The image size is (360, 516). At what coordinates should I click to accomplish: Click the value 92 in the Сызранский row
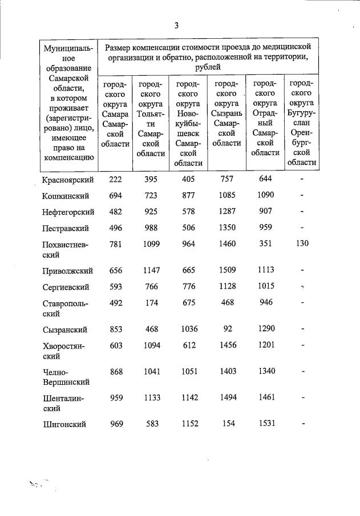click(x=227, y=329)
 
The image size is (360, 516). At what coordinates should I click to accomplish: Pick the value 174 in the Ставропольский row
click(x=151, y=303)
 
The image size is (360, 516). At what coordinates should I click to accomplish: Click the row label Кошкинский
click(x=66, y=196)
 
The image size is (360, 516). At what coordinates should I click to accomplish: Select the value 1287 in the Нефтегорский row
click(x=227, y=212)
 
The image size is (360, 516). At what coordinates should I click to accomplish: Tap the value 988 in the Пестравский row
click(x=151, y=228)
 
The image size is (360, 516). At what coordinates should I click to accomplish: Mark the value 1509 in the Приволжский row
click(x=227, y=270)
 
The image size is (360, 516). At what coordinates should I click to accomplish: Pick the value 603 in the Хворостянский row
click(x=115, y=346)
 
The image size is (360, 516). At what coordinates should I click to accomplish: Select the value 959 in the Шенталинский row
click(x=115, y=397)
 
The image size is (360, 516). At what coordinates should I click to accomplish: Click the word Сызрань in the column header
click(x=228, y=113)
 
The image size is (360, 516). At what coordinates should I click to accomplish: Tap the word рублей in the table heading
click(x=208, y=67)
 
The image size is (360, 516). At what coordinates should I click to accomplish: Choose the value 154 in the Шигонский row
click(x=227, y=424)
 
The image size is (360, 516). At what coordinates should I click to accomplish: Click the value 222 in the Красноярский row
click(x=115, y=179)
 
